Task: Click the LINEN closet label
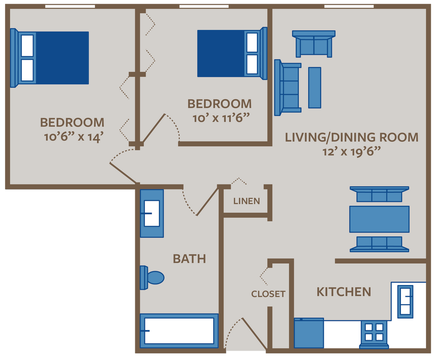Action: point(247,201)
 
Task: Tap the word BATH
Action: point(189,258)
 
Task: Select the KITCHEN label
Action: point(344,292)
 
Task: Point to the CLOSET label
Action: point(268,294)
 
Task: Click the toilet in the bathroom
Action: point(153,277)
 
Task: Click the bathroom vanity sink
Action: point(152,213)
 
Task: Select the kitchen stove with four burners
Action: point(374,332)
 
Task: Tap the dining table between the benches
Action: point(379,219)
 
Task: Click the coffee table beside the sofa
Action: point(314,87)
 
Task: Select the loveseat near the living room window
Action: point(314,44)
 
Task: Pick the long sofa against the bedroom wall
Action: point(287,87)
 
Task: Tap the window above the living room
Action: point(349,6)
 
